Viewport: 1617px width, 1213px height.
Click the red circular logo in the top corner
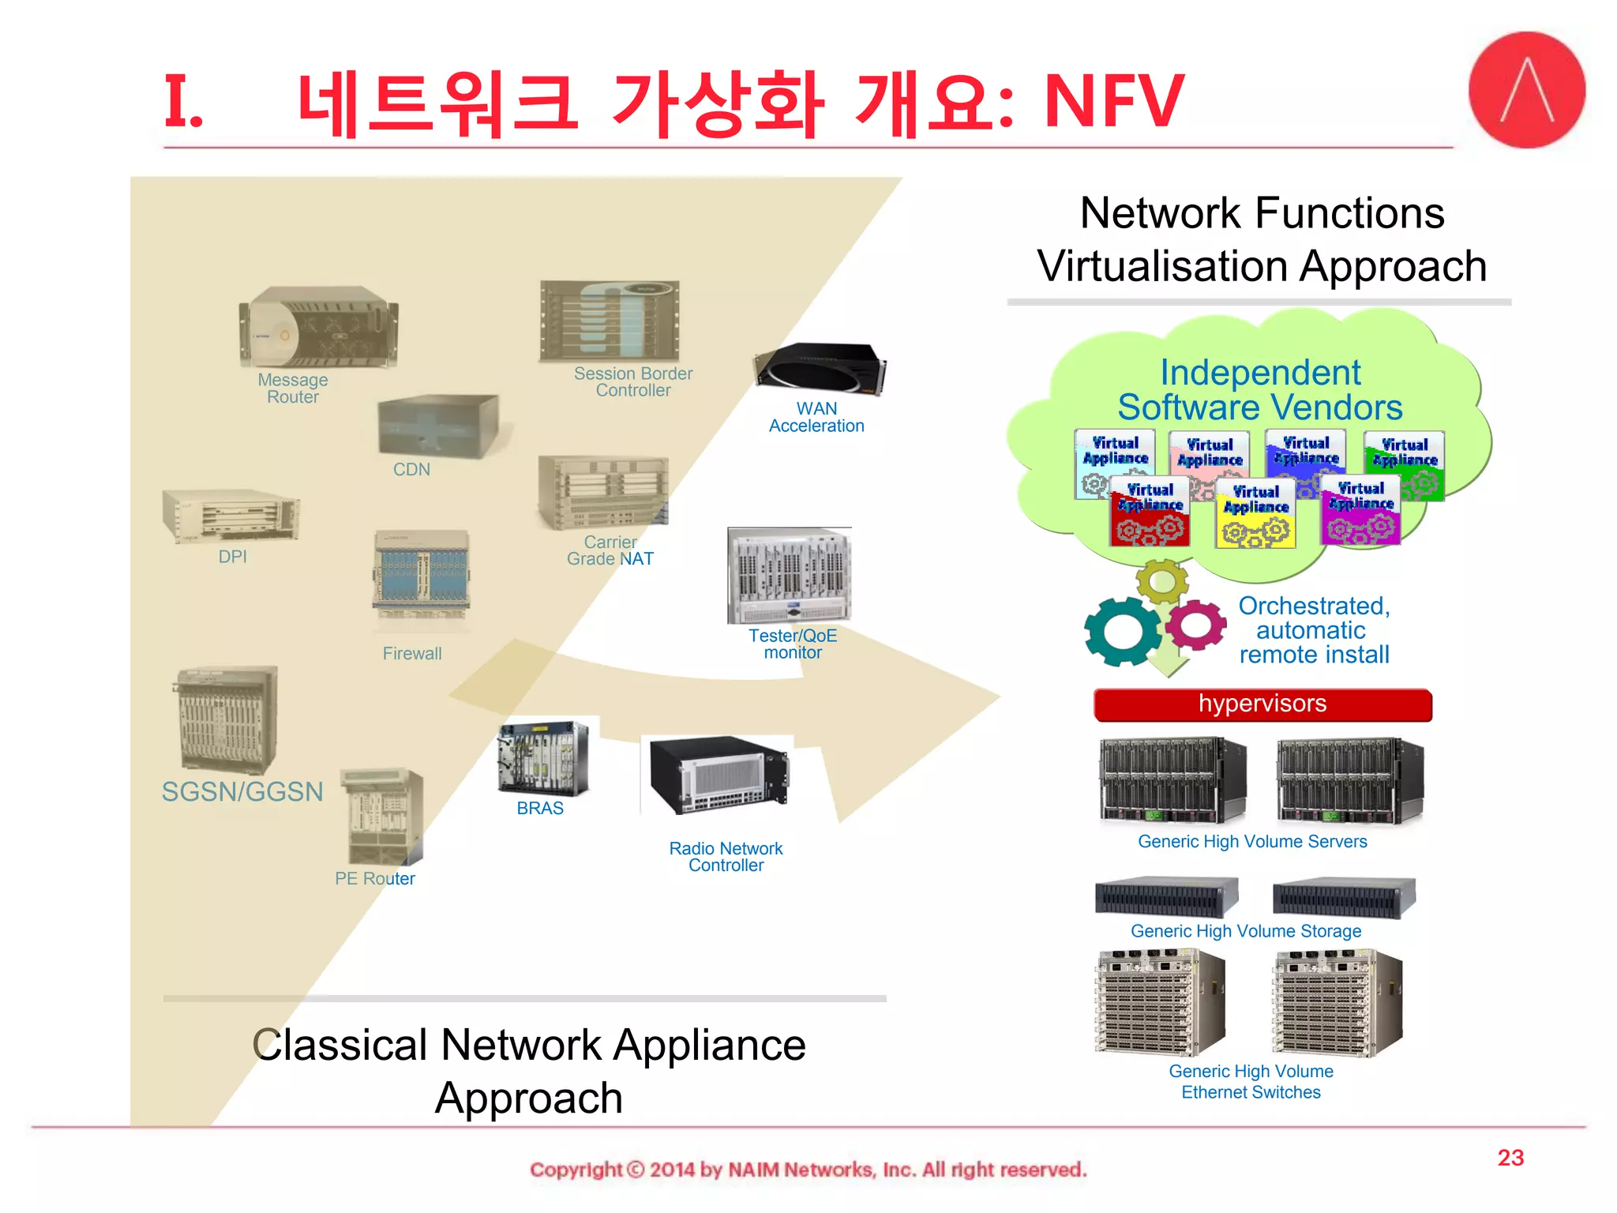(x=1526, y=90)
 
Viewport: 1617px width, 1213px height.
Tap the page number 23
(x=1510, y=1158)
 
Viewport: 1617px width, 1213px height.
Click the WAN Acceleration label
(x=816, y=417)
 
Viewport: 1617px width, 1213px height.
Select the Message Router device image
(x=318, y=327)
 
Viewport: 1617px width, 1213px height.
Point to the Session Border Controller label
(x=632, y=381)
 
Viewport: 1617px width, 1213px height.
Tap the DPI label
(x=233, y=557)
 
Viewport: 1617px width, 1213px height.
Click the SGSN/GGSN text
(x=242, y=791)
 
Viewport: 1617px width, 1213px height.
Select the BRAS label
(x=540, y=808)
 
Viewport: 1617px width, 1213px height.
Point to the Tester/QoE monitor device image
(x=790, y=576)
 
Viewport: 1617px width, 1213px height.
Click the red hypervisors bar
(x=1262, y=704)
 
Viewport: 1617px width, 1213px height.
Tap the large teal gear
(x=1122, y=631)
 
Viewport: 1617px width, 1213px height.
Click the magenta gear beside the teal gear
(x=1195, y=625)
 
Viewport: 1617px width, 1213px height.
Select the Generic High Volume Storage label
(x=1246, y=931)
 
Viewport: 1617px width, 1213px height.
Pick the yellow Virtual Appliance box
(x=1255, y=513)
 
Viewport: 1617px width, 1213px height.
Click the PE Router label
(x=375, y=878)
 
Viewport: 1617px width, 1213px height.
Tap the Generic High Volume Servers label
(x=1252, y=841)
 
